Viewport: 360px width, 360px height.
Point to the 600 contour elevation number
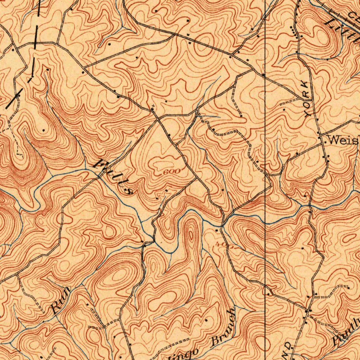tap(172, 171)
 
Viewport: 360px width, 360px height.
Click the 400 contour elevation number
tap(225, 245)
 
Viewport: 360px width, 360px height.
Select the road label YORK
tap(307, 99)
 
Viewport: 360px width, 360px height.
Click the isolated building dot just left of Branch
tap(206, 320)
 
